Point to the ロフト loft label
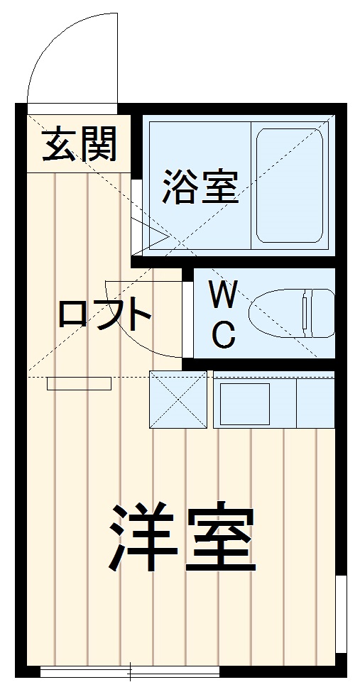tap(104, 314)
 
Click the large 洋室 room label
tap(182, 538)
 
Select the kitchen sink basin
tap(244, 402)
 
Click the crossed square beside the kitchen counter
tap(178, 399)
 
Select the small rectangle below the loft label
tap(79, 384)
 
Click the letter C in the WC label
tap(224, 334)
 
